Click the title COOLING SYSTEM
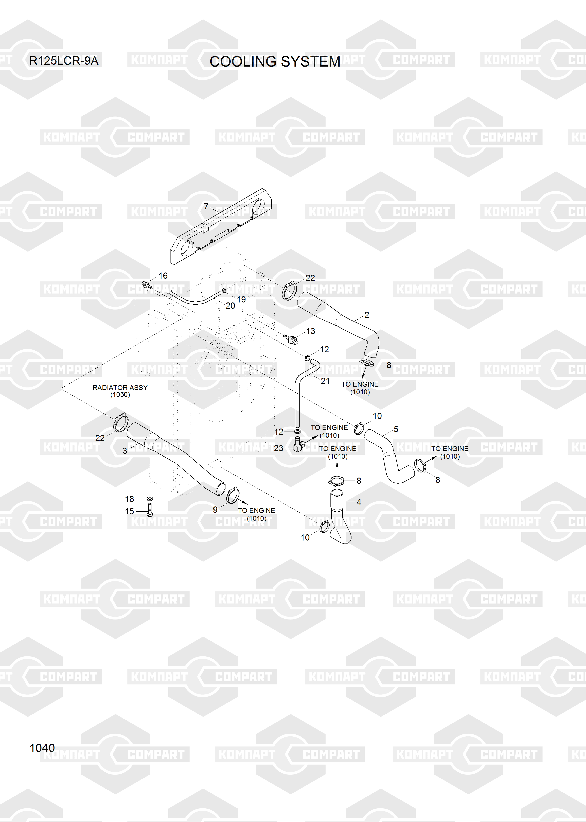275,62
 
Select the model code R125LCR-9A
64,61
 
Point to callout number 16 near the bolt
163,276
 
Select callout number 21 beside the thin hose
325,381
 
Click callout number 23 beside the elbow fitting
279,448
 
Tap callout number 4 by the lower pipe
359,502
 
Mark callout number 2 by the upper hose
367,315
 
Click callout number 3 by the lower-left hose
125,451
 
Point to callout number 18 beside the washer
130,499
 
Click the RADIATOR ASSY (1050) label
120,391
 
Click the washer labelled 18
150,499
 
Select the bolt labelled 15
150,509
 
